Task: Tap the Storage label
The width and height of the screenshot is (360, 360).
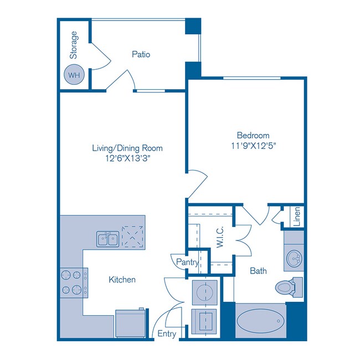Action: click(74, 45)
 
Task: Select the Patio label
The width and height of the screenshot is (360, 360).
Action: click(141, 54)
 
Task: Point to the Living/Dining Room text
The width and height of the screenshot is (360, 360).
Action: click(127, 148)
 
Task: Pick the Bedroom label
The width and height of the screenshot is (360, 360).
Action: click(253, 135)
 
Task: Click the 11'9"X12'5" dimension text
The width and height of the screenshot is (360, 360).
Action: click(253, 146)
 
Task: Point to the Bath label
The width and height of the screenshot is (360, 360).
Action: click(258, 271)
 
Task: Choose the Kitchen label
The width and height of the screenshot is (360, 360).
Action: click(122, 280)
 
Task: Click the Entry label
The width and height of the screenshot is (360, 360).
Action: click(167, 333)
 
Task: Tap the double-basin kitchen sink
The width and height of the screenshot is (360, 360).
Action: click(107, 239)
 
